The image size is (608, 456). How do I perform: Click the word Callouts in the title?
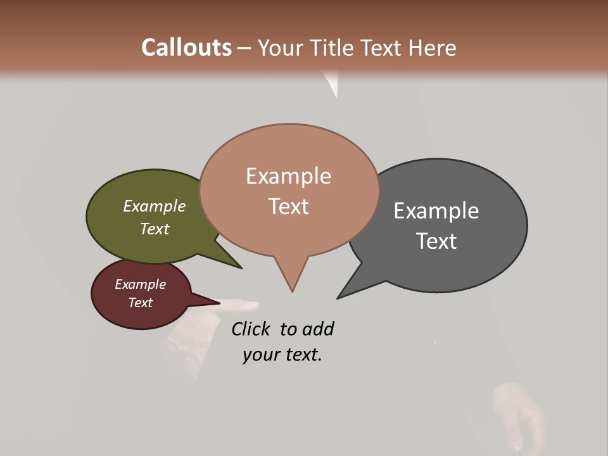tap(186, 47)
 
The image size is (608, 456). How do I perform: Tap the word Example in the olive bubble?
tap(155, 206)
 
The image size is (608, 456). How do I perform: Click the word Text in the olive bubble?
tap(155, 229)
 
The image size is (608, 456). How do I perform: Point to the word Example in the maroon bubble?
tap(141, 284)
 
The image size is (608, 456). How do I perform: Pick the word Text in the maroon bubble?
tap(141, 303)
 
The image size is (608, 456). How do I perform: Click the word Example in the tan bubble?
tap(289, 175)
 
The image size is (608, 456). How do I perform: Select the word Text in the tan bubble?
tap(289, 206)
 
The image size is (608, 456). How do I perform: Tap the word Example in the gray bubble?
tap(436, 210)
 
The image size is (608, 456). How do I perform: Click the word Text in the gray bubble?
tap(436, 241)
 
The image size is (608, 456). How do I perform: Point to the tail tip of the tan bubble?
tap(292, 291)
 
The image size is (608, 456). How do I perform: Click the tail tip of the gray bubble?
tap(338, 298)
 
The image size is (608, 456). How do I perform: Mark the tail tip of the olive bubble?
tap(241, 268)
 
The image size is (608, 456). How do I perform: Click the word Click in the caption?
tap(251, 329)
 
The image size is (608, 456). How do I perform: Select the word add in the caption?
tap(318, 329)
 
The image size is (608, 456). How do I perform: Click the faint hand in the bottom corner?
tap(519, 415)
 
